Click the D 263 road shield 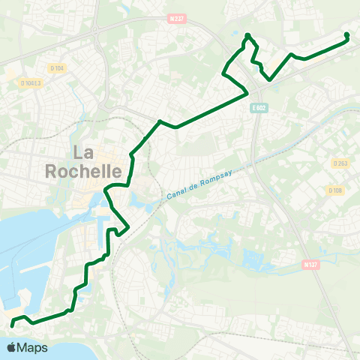click(x=338, y=163)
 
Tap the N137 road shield click(x=310, y=264)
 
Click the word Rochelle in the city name click(x=84, y=172)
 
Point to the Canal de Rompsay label click(x=202, y=182)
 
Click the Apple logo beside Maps click(x=11, y=347)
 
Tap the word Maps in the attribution click(x=33, y=347)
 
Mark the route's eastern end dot click(x=346, y=34)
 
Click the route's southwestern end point click(x=12, y=325)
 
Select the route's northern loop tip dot click(x=247, y=35)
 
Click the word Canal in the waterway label click(x=174, y=194)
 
